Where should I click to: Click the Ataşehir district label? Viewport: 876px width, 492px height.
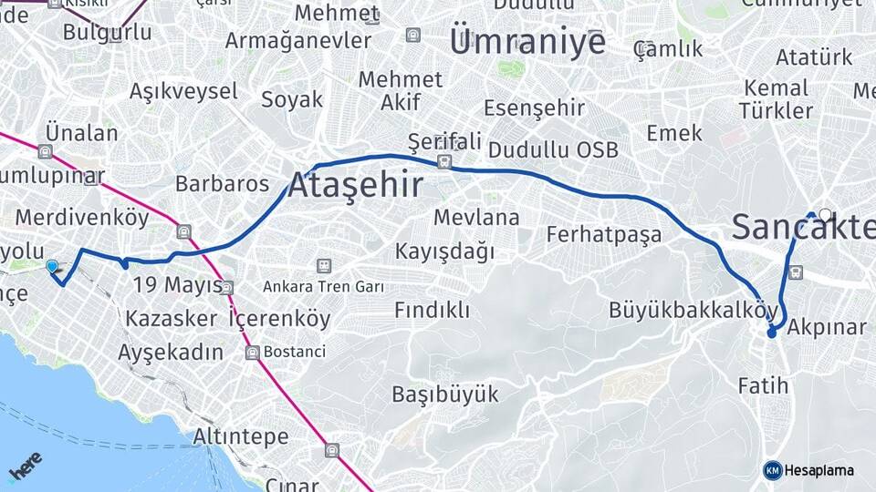356,186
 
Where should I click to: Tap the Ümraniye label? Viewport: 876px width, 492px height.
527,41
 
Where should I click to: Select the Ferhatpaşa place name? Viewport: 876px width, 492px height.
604,234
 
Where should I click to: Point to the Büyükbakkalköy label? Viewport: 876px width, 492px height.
693,310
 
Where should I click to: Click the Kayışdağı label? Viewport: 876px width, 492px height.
444,251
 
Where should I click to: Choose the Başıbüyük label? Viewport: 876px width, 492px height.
445,395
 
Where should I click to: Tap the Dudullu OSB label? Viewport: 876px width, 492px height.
553,149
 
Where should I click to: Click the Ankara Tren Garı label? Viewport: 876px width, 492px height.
323,286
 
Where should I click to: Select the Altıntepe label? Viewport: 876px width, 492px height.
241,436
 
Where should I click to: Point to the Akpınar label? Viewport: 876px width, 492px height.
826,327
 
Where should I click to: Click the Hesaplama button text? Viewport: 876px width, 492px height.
819,470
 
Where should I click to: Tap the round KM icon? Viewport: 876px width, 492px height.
773,470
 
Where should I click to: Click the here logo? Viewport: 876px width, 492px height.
26,466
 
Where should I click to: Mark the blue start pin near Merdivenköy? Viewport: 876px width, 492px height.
52,266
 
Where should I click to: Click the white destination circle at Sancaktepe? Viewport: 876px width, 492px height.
825,215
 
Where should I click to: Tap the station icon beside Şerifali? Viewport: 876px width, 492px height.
443,162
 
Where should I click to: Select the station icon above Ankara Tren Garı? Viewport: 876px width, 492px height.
323,266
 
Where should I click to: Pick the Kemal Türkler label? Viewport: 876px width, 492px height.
776,100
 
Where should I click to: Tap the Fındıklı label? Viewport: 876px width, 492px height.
432,311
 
